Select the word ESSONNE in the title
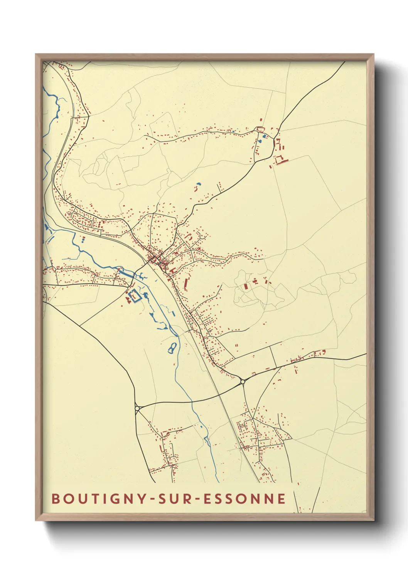coord(244,498)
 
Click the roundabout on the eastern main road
coord(243,382)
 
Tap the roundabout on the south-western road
coord(137,408)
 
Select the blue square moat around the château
coord(134,296)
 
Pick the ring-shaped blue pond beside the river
coord(172,348)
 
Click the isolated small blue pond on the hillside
coord(199,184)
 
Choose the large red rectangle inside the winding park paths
coord(246,286)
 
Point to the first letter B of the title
coord(56,498)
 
